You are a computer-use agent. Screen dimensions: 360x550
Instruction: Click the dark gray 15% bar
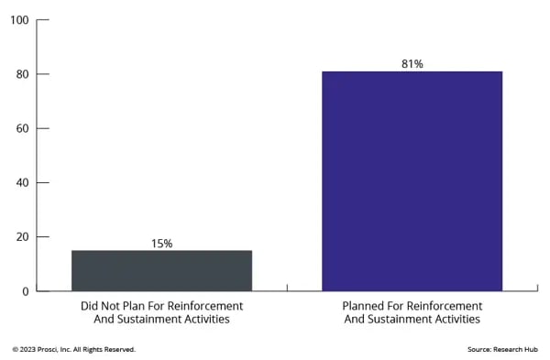[x=161, y=270]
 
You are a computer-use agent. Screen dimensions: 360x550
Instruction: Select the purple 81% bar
[x=412, y=180]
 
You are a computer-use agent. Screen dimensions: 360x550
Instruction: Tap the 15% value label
[x=161, y=244]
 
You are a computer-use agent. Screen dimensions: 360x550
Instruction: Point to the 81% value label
[x=412, y=64]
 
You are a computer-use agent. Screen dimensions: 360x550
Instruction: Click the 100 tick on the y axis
[x=18, y=20]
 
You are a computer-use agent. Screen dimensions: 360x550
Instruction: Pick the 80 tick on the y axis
[x=21, y=74]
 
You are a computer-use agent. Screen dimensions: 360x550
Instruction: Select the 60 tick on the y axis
[x=21, y=128]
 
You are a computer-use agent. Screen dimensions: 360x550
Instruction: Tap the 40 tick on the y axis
[x=21, y=182]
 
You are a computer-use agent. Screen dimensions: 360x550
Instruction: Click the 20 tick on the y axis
[x=21, y=236]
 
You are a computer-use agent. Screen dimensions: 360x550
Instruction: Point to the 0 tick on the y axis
[x=25, y=290]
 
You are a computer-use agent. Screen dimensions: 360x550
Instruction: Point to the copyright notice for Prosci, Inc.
[x=73, y=349]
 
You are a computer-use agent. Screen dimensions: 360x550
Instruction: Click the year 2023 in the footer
[x=27, y=349]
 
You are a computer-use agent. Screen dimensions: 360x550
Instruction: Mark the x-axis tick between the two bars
[x=287, y=288]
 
